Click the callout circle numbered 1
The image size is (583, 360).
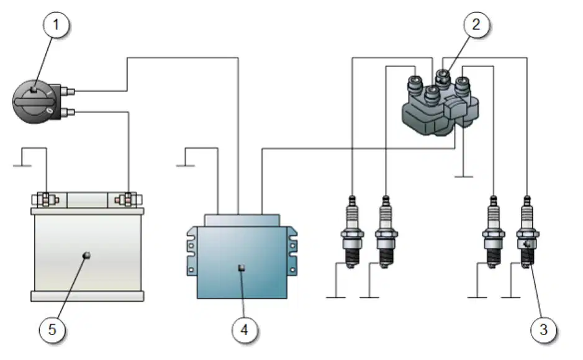[x=56, y=25]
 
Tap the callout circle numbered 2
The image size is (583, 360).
[x=476, y=25]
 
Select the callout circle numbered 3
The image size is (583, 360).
[x=543, y=330]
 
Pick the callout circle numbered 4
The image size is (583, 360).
[x=244, y=330]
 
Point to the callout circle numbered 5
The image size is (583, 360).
[x=52, y=330]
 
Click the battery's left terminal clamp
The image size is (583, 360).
[x=46, y=200]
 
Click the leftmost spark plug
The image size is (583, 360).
[x=352, y=232]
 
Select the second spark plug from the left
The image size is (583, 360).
[x=386, y=232]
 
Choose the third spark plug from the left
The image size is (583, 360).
[x=494, y=232]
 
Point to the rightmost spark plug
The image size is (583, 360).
[x=527, y=232]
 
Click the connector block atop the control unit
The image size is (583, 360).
[x=242, y=220]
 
